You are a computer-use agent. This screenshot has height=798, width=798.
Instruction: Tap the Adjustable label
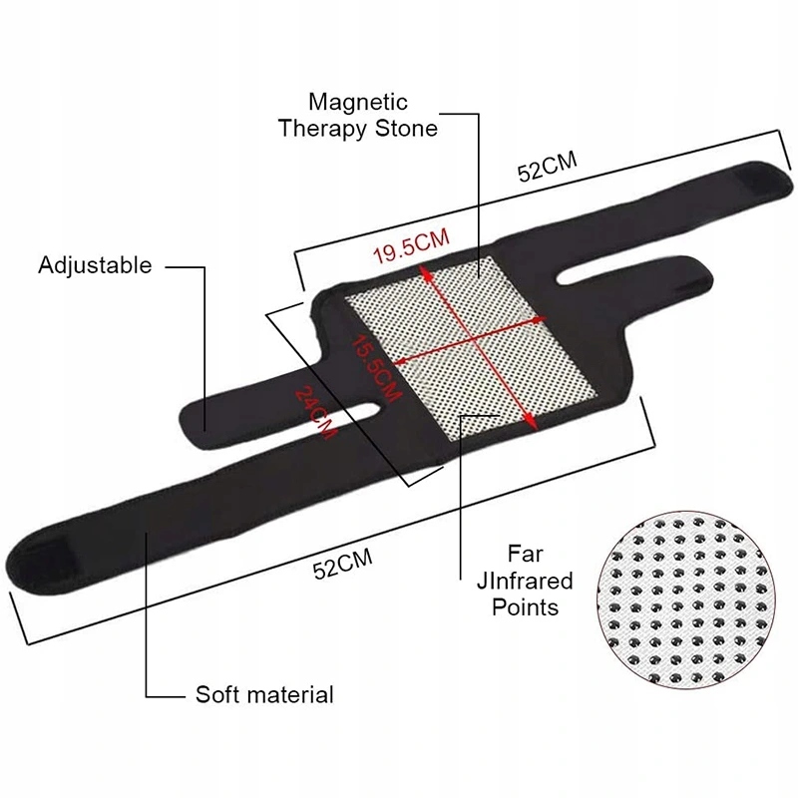(95, 265)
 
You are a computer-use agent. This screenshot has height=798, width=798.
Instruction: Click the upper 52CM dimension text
(548, 169)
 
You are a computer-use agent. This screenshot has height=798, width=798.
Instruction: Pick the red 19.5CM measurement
(410, 246)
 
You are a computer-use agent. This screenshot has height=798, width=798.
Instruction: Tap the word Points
(526, 606)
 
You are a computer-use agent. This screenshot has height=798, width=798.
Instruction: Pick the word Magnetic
(358, 102)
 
